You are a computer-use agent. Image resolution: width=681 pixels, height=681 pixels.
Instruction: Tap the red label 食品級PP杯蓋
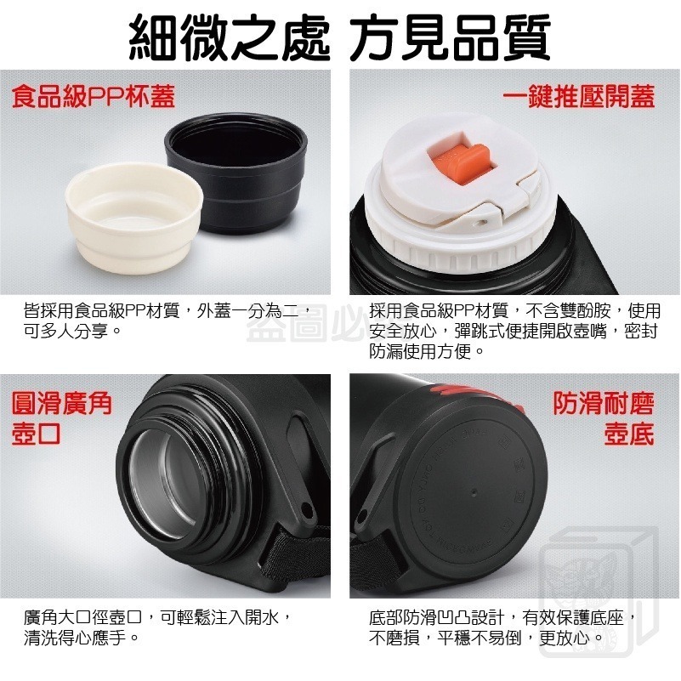pyautogui.click(x=94, y=96)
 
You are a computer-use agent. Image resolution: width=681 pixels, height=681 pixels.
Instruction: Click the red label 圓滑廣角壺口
pyautogui.click(x=61, y=417)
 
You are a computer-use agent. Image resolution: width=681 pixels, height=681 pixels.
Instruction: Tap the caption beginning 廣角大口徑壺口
pyautogui.click(x=158, y=616)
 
